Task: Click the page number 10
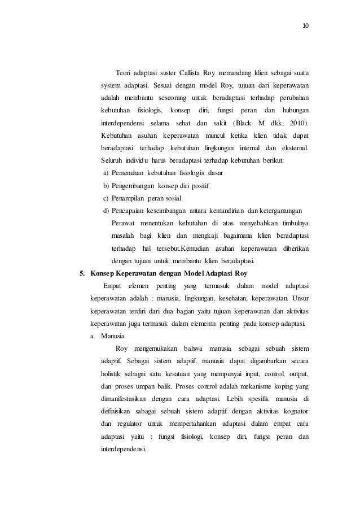306,26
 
